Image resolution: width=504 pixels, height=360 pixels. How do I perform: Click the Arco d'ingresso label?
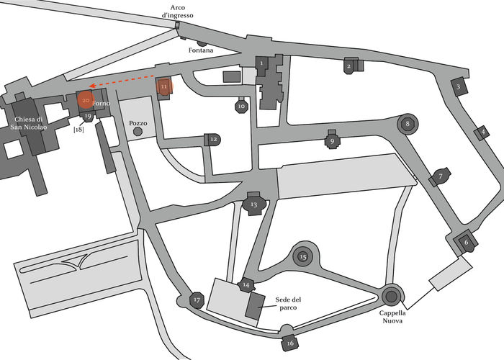click(x=177, y=12)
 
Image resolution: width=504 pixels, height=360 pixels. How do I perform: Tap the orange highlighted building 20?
click(x=86, y=102)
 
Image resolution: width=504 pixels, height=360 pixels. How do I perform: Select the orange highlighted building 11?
click(x=165, y=87)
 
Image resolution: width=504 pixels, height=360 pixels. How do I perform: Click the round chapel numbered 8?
click(x=408, y=124)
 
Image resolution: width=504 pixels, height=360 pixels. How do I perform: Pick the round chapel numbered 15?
click(x=303, y=256)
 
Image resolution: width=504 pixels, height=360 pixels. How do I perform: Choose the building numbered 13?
click(x=253, y=204)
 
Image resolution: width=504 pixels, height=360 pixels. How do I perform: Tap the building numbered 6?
click(x=465, y=243)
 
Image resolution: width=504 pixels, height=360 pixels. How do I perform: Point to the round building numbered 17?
click(x=197, y=300)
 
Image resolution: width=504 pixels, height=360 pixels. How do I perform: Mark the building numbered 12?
click(x=212, y=140)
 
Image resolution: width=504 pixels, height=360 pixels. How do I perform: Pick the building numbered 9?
click(x=332, y=141)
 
